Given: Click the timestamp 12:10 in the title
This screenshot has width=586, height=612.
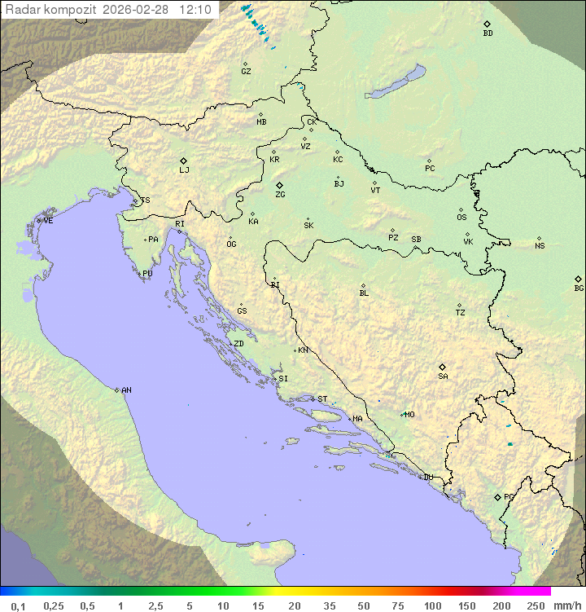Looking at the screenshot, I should coord(195,10).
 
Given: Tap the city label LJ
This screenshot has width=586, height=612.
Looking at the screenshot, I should coord(184,170).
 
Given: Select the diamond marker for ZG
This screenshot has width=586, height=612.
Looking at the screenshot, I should coord(279,185).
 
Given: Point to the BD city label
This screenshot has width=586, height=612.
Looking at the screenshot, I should coord(488,33).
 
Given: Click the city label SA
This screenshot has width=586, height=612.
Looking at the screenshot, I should coord(443,376).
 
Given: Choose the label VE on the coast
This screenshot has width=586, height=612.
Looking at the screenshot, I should coord(48,221).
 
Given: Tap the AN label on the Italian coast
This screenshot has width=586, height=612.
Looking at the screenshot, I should coord(126,390).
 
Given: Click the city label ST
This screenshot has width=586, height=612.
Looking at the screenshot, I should coord(322,399).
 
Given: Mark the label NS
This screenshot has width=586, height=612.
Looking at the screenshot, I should coord(540,246).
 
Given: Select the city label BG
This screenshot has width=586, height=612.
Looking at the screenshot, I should coord(579,288).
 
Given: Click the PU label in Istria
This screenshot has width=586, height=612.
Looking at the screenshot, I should coord(147,274).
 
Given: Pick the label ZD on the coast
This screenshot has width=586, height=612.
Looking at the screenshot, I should coord(238,344).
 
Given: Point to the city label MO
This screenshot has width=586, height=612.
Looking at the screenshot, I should coord(409,415).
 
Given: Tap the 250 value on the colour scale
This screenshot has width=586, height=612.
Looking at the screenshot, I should coord(536,605).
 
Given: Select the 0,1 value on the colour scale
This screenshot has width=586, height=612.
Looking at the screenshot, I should coord(18,605).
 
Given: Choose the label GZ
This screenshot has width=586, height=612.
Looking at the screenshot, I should coord(246,72).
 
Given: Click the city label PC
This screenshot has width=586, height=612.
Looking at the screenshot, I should coord(430,169).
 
